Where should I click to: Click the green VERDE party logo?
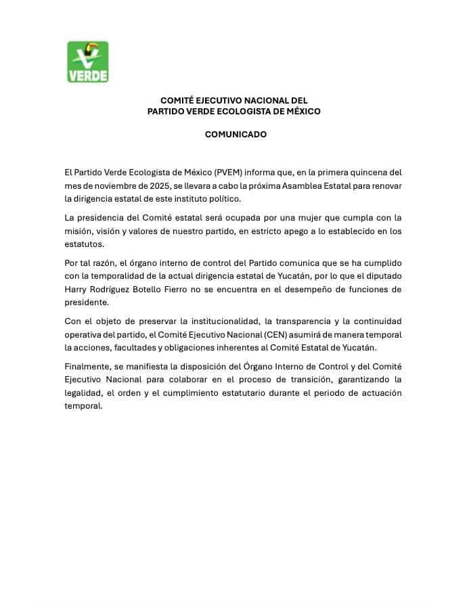pyautogui.click(x=87, y=62)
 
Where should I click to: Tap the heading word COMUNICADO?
pyautogui.click(x=236, y=134)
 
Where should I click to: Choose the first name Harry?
pyautogui.click(x=76, y=289)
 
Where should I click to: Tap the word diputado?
pyautogui.click(x=382, y=276)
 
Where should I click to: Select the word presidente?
pyautogui.click(x=86, y=302)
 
